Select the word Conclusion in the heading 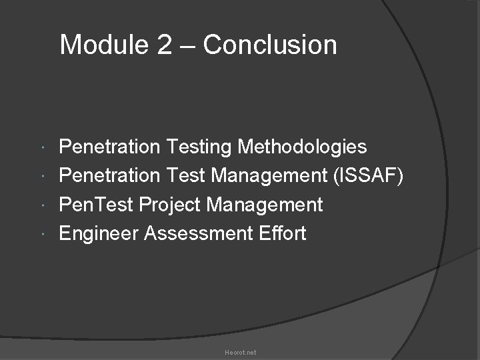pos(270,45)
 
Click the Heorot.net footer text pos(240,352)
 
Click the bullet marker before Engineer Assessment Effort pos(43,234)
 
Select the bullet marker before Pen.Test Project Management pos(43,205)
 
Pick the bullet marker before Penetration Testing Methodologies pos(43,147)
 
